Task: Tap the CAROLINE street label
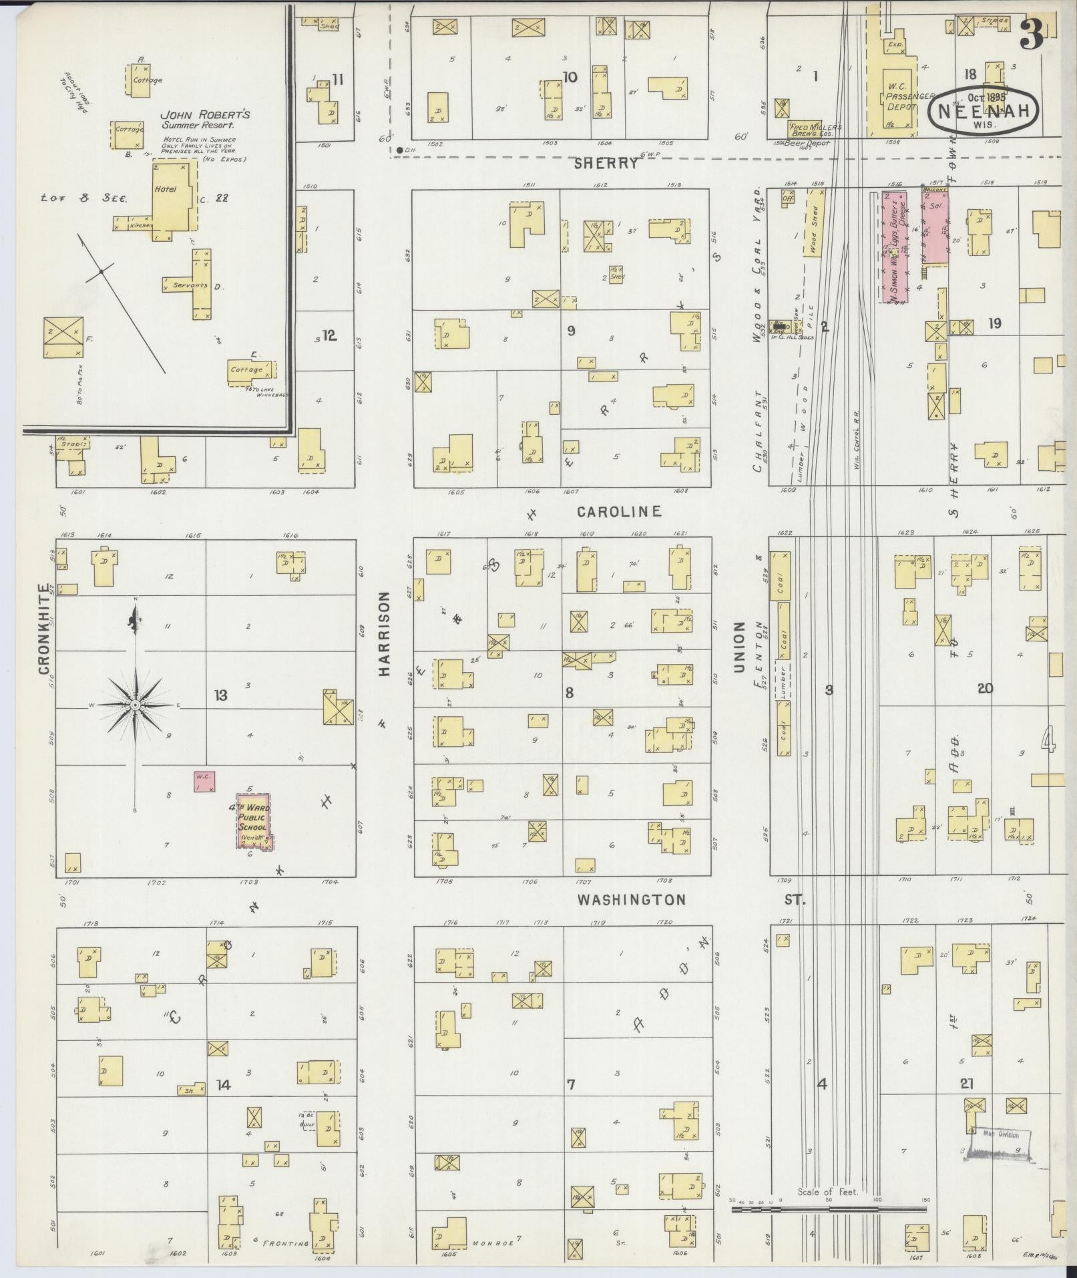coord(619,512)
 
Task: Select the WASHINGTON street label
coord(631,900)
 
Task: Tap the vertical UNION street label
coord(739,646)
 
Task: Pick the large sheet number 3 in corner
coord(1032,33)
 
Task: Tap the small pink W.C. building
coord(204,781)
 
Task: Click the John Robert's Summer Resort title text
coord(205,120)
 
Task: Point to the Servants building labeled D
coord(198,285)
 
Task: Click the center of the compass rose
coord(136,705)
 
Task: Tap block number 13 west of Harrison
coord(220,695)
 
